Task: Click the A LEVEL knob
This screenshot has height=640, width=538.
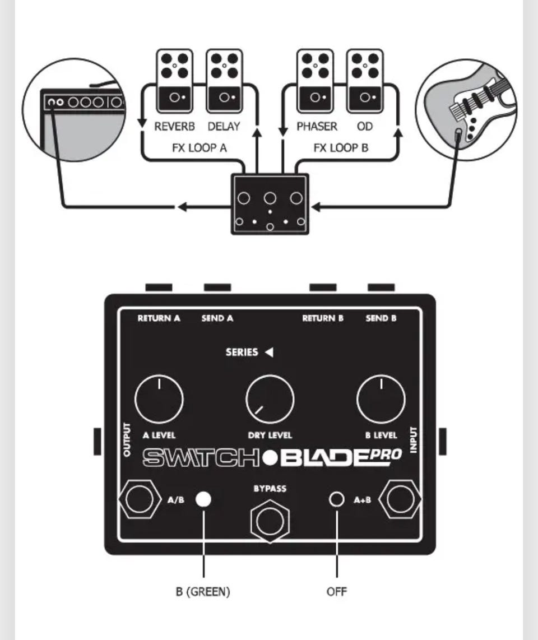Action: [x=159, y=400]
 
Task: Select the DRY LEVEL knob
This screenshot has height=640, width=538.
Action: [x=270, y=400]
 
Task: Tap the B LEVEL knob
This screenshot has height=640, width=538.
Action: [x=381, y=400]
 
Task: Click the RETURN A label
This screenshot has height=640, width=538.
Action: [x=159, y=318]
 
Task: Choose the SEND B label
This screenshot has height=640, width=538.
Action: [x=381, y=318]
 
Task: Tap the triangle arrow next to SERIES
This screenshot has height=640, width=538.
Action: [x=269, y=353]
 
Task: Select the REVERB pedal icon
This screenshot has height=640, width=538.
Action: [x=174, y=81]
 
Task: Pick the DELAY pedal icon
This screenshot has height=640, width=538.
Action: [x=224, y=81]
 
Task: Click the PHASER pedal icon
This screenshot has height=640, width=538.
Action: [x=316, y=81]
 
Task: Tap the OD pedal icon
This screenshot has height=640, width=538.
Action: [x=365, y=81]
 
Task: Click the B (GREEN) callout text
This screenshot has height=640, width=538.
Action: [x=203, y=591]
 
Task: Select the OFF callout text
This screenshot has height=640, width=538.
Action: [x=337, y=591]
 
